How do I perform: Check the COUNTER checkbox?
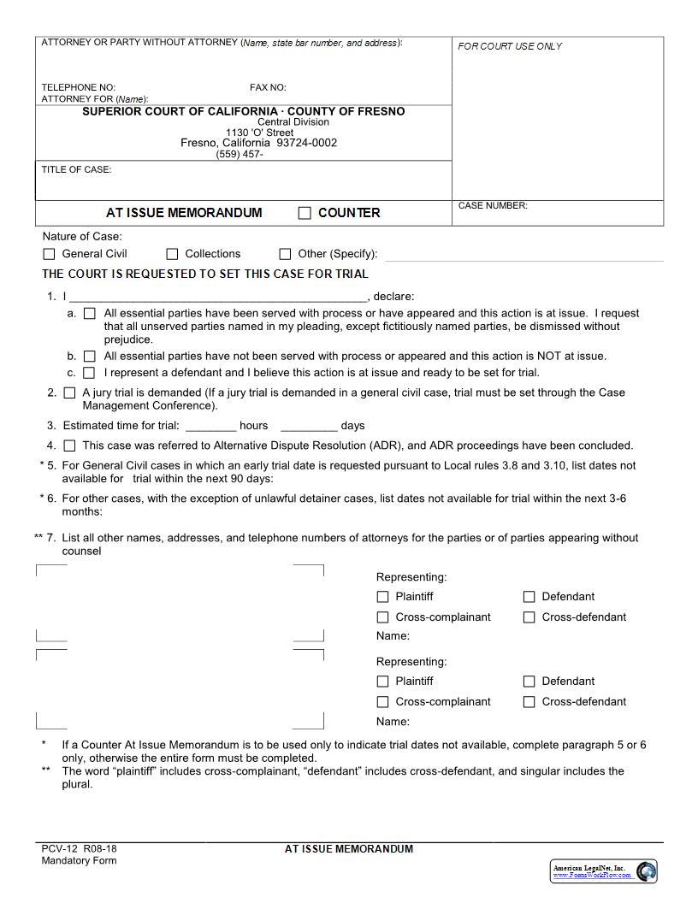(x=305, y=213)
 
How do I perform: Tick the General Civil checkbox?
(x=49, y=254)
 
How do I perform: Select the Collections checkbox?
(x=172, y=254)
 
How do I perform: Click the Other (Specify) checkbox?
(x=285, y=254)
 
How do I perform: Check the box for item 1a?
(x=90, y=314)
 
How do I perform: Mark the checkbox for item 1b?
(x=90, y=356)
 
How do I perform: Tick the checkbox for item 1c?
(x=90, y=373)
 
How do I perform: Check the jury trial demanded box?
(x=69, y=392)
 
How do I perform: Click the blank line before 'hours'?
(x=210, y=426)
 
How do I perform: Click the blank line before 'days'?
(x=309, y=426)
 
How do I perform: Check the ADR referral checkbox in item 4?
(x=69, y=446)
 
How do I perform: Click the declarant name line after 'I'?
(x=217, y=298)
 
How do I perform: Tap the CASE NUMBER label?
(x=493, y=205)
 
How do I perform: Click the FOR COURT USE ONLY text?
(x=510, y=46)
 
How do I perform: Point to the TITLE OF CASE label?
(x=76, y=169)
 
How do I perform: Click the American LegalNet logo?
(x=604, y=871)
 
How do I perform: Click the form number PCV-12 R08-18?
(x=79, y=849)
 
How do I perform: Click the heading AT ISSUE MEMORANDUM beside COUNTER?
(x=184, y=213)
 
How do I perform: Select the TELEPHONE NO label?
(x=78, y=87)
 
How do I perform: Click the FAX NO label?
(x=268, y=87)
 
